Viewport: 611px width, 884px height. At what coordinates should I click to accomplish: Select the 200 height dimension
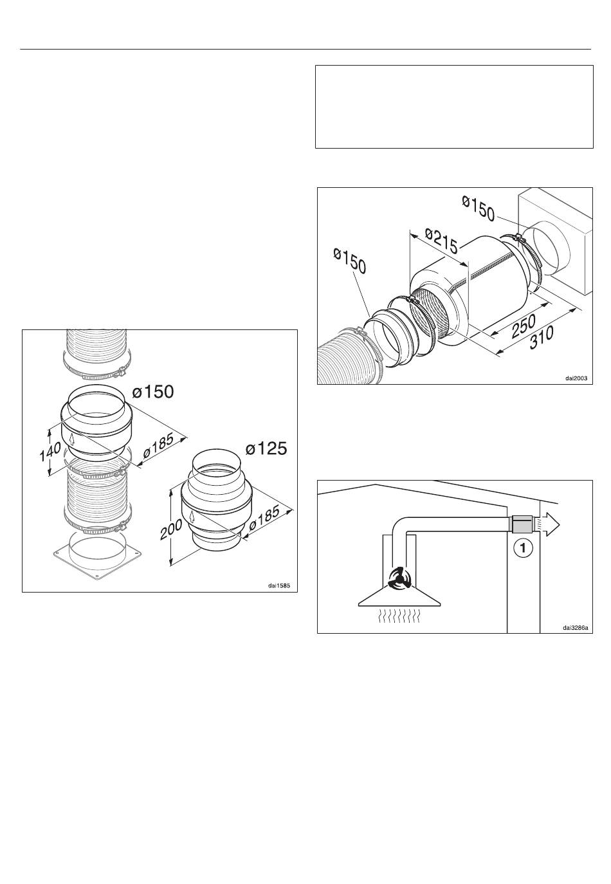point(171,529)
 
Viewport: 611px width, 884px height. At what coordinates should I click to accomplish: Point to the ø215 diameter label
point(442,241)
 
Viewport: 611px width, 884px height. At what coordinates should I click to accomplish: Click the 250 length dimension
point(524,326)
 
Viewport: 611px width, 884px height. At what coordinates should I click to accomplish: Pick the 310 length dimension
point(541,337)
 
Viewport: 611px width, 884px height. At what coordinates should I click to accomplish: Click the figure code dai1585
point(279,585)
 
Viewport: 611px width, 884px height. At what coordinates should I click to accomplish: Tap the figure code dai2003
point(576,378)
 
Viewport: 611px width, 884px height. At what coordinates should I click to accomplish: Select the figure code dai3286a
point(576,628)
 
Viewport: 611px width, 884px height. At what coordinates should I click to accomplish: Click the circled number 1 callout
point(523,548)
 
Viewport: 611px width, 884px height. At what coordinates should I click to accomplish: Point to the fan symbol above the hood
point(399,578)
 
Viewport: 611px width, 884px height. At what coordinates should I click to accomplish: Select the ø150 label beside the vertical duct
point(152,392)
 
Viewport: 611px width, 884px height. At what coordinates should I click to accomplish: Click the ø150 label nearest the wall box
point(478,208)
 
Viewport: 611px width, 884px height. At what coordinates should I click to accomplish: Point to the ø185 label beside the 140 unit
point(159,446)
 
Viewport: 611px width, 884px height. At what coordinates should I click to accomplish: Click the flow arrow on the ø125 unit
point(191,516)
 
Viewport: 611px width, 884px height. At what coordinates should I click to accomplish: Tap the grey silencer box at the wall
point(522,524)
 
